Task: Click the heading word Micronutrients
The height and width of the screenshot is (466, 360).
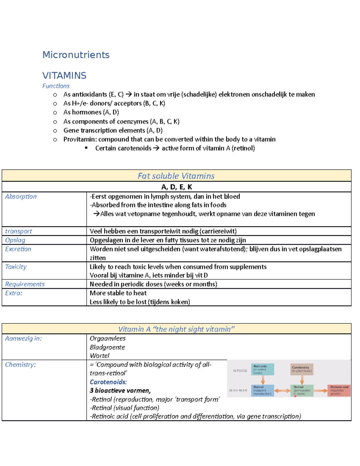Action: click(x=76, y=55)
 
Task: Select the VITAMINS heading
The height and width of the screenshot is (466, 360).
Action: click(x=64, y=76)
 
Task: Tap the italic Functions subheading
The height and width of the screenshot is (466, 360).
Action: click(x=56, y=86)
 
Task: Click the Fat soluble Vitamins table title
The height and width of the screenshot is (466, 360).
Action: click(x=176, y=176)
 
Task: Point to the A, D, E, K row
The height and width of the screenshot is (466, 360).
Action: click(x=176, y=187)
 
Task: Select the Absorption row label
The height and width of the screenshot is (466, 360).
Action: click(x=21, y=197)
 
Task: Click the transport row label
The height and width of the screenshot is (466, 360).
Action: click(x=18, y=231)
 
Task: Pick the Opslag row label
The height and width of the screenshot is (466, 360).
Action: click(x=15, y=240)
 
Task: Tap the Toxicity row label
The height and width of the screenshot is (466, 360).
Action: click(x=16, y=267)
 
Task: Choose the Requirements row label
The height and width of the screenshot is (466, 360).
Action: click(x=25, y=284)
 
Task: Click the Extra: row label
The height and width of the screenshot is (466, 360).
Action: click(x=13, y=293)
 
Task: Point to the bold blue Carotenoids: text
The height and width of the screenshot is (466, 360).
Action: click(x=108, y=382)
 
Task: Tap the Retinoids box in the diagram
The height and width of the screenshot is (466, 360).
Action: click(x=262, y=369)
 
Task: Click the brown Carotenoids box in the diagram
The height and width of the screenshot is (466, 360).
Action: click(x=302, y=369)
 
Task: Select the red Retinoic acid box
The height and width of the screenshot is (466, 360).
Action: click(x=339, y=391)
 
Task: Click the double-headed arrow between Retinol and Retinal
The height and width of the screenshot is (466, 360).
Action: click(x=282, y=391)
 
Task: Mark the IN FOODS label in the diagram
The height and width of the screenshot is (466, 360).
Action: click(x=240, y=371)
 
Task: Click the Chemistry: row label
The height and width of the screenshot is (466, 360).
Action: click(x=20, y=365)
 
